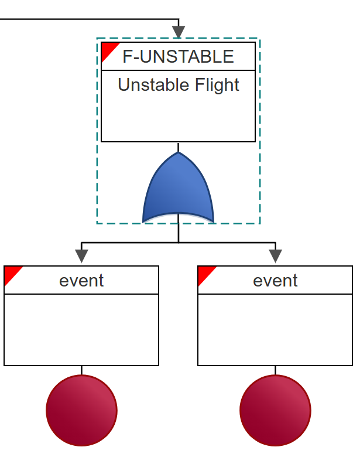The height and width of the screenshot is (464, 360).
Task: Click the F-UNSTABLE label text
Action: [178, 57]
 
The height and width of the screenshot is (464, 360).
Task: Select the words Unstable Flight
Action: [178, 85]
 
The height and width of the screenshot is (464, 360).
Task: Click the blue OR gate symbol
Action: [178, 190]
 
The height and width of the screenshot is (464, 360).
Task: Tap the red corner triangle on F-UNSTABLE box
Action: [108, 49]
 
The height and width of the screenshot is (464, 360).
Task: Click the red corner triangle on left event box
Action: [11, 273]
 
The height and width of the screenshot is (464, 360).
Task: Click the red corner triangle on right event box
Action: [204, 273]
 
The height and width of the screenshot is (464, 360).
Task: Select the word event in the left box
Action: [81, 281]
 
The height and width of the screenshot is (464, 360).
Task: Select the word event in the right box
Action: [275, 281]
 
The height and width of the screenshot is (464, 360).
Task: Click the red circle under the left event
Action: [81, 410]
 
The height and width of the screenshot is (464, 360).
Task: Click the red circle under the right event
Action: [275, 410]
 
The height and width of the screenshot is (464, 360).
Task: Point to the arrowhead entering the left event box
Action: [81, 257]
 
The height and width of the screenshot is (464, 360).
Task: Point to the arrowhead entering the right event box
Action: [275, 257]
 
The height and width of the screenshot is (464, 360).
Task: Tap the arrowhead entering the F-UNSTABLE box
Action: [178, 31]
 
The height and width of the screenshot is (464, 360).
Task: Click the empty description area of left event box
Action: [81, 329]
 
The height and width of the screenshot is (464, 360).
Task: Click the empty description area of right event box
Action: [275, 329]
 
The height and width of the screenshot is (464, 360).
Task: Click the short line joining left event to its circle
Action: [81, 370]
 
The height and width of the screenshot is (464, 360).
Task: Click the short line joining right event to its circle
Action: [275, 370]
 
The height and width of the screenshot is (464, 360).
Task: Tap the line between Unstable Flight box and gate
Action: [178, 147]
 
